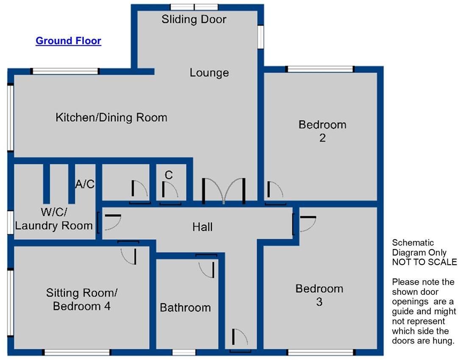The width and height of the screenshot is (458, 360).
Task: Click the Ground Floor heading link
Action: click(68, 41)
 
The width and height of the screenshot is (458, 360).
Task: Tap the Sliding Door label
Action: click(194, 19)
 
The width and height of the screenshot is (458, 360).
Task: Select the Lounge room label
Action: click(209, 73)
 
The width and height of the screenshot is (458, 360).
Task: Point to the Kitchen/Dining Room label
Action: click(111, 117)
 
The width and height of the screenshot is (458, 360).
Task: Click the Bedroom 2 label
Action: click(322, 131)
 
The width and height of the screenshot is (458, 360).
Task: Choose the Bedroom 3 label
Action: click(319, 295)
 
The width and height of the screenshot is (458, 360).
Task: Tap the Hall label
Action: click(202, 227)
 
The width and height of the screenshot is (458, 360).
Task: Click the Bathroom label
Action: click(185, 307)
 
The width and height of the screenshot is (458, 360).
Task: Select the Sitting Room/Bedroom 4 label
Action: click(81, 299)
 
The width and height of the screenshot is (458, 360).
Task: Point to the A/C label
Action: click(85, 184)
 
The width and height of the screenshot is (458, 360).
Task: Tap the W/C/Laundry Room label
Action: click(53, 219)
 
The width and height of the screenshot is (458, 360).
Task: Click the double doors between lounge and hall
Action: click(223, 191)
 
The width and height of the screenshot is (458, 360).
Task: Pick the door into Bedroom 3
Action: click(304, 224)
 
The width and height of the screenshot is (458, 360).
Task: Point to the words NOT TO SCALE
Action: click(424, 262)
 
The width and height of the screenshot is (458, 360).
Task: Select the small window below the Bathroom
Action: click(184, 352)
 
